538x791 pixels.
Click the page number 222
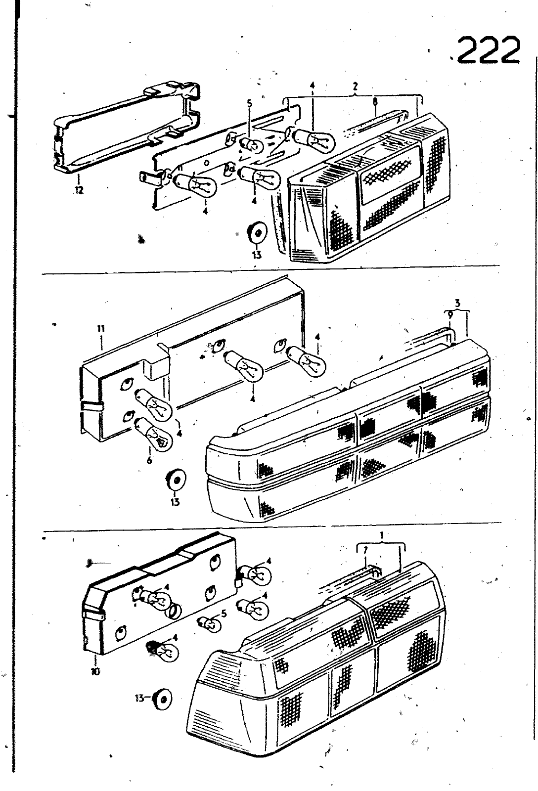point(489,50)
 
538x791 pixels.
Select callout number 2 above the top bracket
point(355,86)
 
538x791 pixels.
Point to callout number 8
point(375,102)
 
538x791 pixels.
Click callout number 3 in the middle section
point(457,303)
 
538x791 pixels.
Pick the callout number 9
point(450,315)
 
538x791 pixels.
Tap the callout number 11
point(101,329)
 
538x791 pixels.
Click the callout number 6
point(149,460)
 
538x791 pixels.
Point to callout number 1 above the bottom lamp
point(382,535)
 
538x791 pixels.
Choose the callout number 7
point(365,550)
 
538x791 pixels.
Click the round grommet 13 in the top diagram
point(257,233)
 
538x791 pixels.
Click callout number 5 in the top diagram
point(250,104)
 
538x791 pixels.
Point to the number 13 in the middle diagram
point(175,501)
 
